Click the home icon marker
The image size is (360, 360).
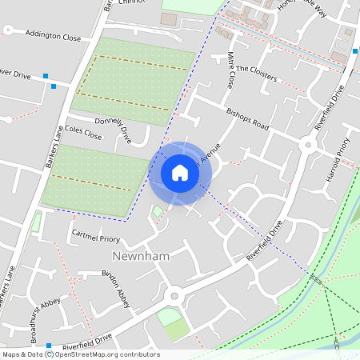[x=180, y=173]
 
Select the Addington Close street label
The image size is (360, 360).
[x=54, y=35]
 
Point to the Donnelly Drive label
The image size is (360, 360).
[x=113, y=128]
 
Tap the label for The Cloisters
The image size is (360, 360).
[x=256, y=74]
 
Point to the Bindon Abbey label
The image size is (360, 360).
[x=115, y=281]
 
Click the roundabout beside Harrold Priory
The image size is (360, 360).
[x=308, y=145]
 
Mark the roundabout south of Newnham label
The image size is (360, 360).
[x=172, y=296]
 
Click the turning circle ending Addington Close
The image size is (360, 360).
[x=8, y=30]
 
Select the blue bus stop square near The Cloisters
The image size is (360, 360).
[x=355, y=51]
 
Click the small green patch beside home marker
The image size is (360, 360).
[x=158, y=211]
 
